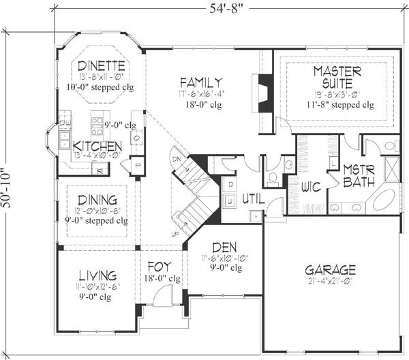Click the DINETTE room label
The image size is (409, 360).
(100, 66)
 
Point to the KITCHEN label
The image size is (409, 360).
(97, 147)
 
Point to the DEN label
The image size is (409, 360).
(225, 247)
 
